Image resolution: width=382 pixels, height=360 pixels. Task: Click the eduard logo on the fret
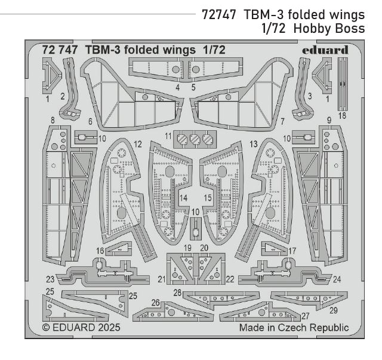tap(326, 50)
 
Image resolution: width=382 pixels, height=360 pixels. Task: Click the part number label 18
tap(342, 115)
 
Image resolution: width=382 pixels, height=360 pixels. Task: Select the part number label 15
tap(208, 198)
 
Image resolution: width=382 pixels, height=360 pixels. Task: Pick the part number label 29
tap(333, 310)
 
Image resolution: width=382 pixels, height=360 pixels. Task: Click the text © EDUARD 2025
tap(81, 328)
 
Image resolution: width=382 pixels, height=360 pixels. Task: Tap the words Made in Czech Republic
tap(294, 328)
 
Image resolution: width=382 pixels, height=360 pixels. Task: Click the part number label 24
tap(337, 279)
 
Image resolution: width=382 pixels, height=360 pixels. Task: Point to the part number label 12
tap(138, 144)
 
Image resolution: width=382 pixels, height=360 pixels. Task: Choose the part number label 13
tap(253, 144)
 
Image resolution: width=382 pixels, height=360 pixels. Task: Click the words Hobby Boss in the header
tap(334, 29)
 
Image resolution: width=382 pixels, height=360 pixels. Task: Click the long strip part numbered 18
tap(342, 84)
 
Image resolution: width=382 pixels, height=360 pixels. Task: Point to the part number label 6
tap(90, 121)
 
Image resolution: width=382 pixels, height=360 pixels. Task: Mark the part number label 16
tap(100, 251)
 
